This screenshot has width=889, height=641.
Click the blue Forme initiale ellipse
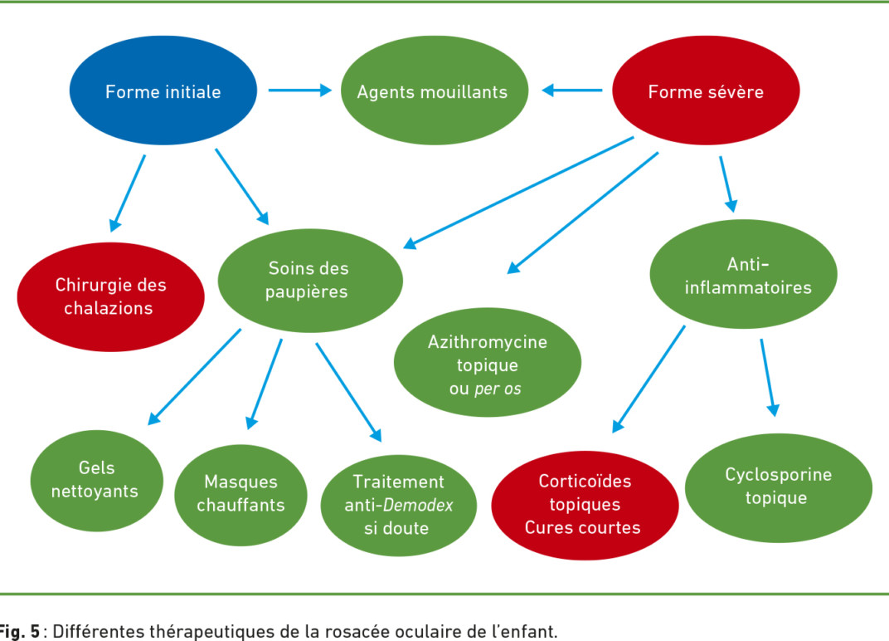tap(163, 91)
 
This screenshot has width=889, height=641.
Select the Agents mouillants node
tap(435, 91)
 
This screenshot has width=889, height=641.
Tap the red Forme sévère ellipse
tap(706, 91)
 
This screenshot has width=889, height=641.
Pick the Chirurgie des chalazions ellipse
tap(110, 297)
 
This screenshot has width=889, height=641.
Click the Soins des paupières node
tap(310, 281)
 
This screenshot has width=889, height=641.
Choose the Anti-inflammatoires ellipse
tap(743, 274)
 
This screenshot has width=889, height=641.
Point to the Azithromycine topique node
tap(488, 362)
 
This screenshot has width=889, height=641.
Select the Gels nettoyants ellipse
tap(97, 480)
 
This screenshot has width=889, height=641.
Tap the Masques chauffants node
tap(241, 495)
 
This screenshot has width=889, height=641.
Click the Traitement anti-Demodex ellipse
tap(399, 506)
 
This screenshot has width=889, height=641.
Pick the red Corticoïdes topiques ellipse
tap(585, 506)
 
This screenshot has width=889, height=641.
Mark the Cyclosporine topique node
tap(779, 488)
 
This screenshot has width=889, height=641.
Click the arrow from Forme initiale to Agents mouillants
tap(300, 90)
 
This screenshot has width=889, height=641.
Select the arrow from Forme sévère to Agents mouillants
tap(572, 90)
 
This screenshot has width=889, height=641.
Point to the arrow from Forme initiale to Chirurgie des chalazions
tap(128, 193)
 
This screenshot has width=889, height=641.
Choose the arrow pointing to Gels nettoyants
tap(194, 377)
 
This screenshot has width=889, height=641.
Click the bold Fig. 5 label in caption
tap(20, 631)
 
